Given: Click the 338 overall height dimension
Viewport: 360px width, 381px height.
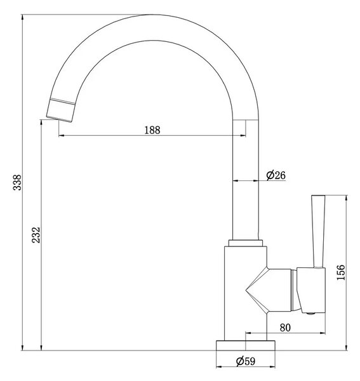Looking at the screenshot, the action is point(18,182).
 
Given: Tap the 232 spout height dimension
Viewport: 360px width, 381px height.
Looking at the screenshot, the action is point(36,235).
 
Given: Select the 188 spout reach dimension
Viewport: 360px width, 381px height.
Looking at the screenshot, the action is point(152,130).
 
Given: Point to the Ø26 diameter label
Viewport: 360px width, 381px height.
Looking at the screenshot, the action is point(276,175).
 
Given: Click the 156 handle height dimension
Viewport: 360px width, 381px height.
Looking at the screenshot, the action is point(341,272).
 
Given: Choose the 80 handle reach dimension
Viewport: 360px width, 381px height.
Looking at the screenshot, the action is point(285,328).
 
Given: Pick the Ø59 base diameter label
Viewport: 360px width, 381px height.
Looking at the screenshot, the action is point(246,361).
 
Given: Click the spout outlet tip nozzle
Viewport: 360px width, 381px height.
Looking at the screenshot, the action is point(60,110).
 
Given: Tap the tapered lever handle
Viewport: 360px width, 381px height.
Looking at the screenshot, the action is point(318,231).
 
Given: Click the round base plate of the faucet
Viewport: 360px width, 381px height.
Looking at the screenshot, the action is point(246,345).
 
